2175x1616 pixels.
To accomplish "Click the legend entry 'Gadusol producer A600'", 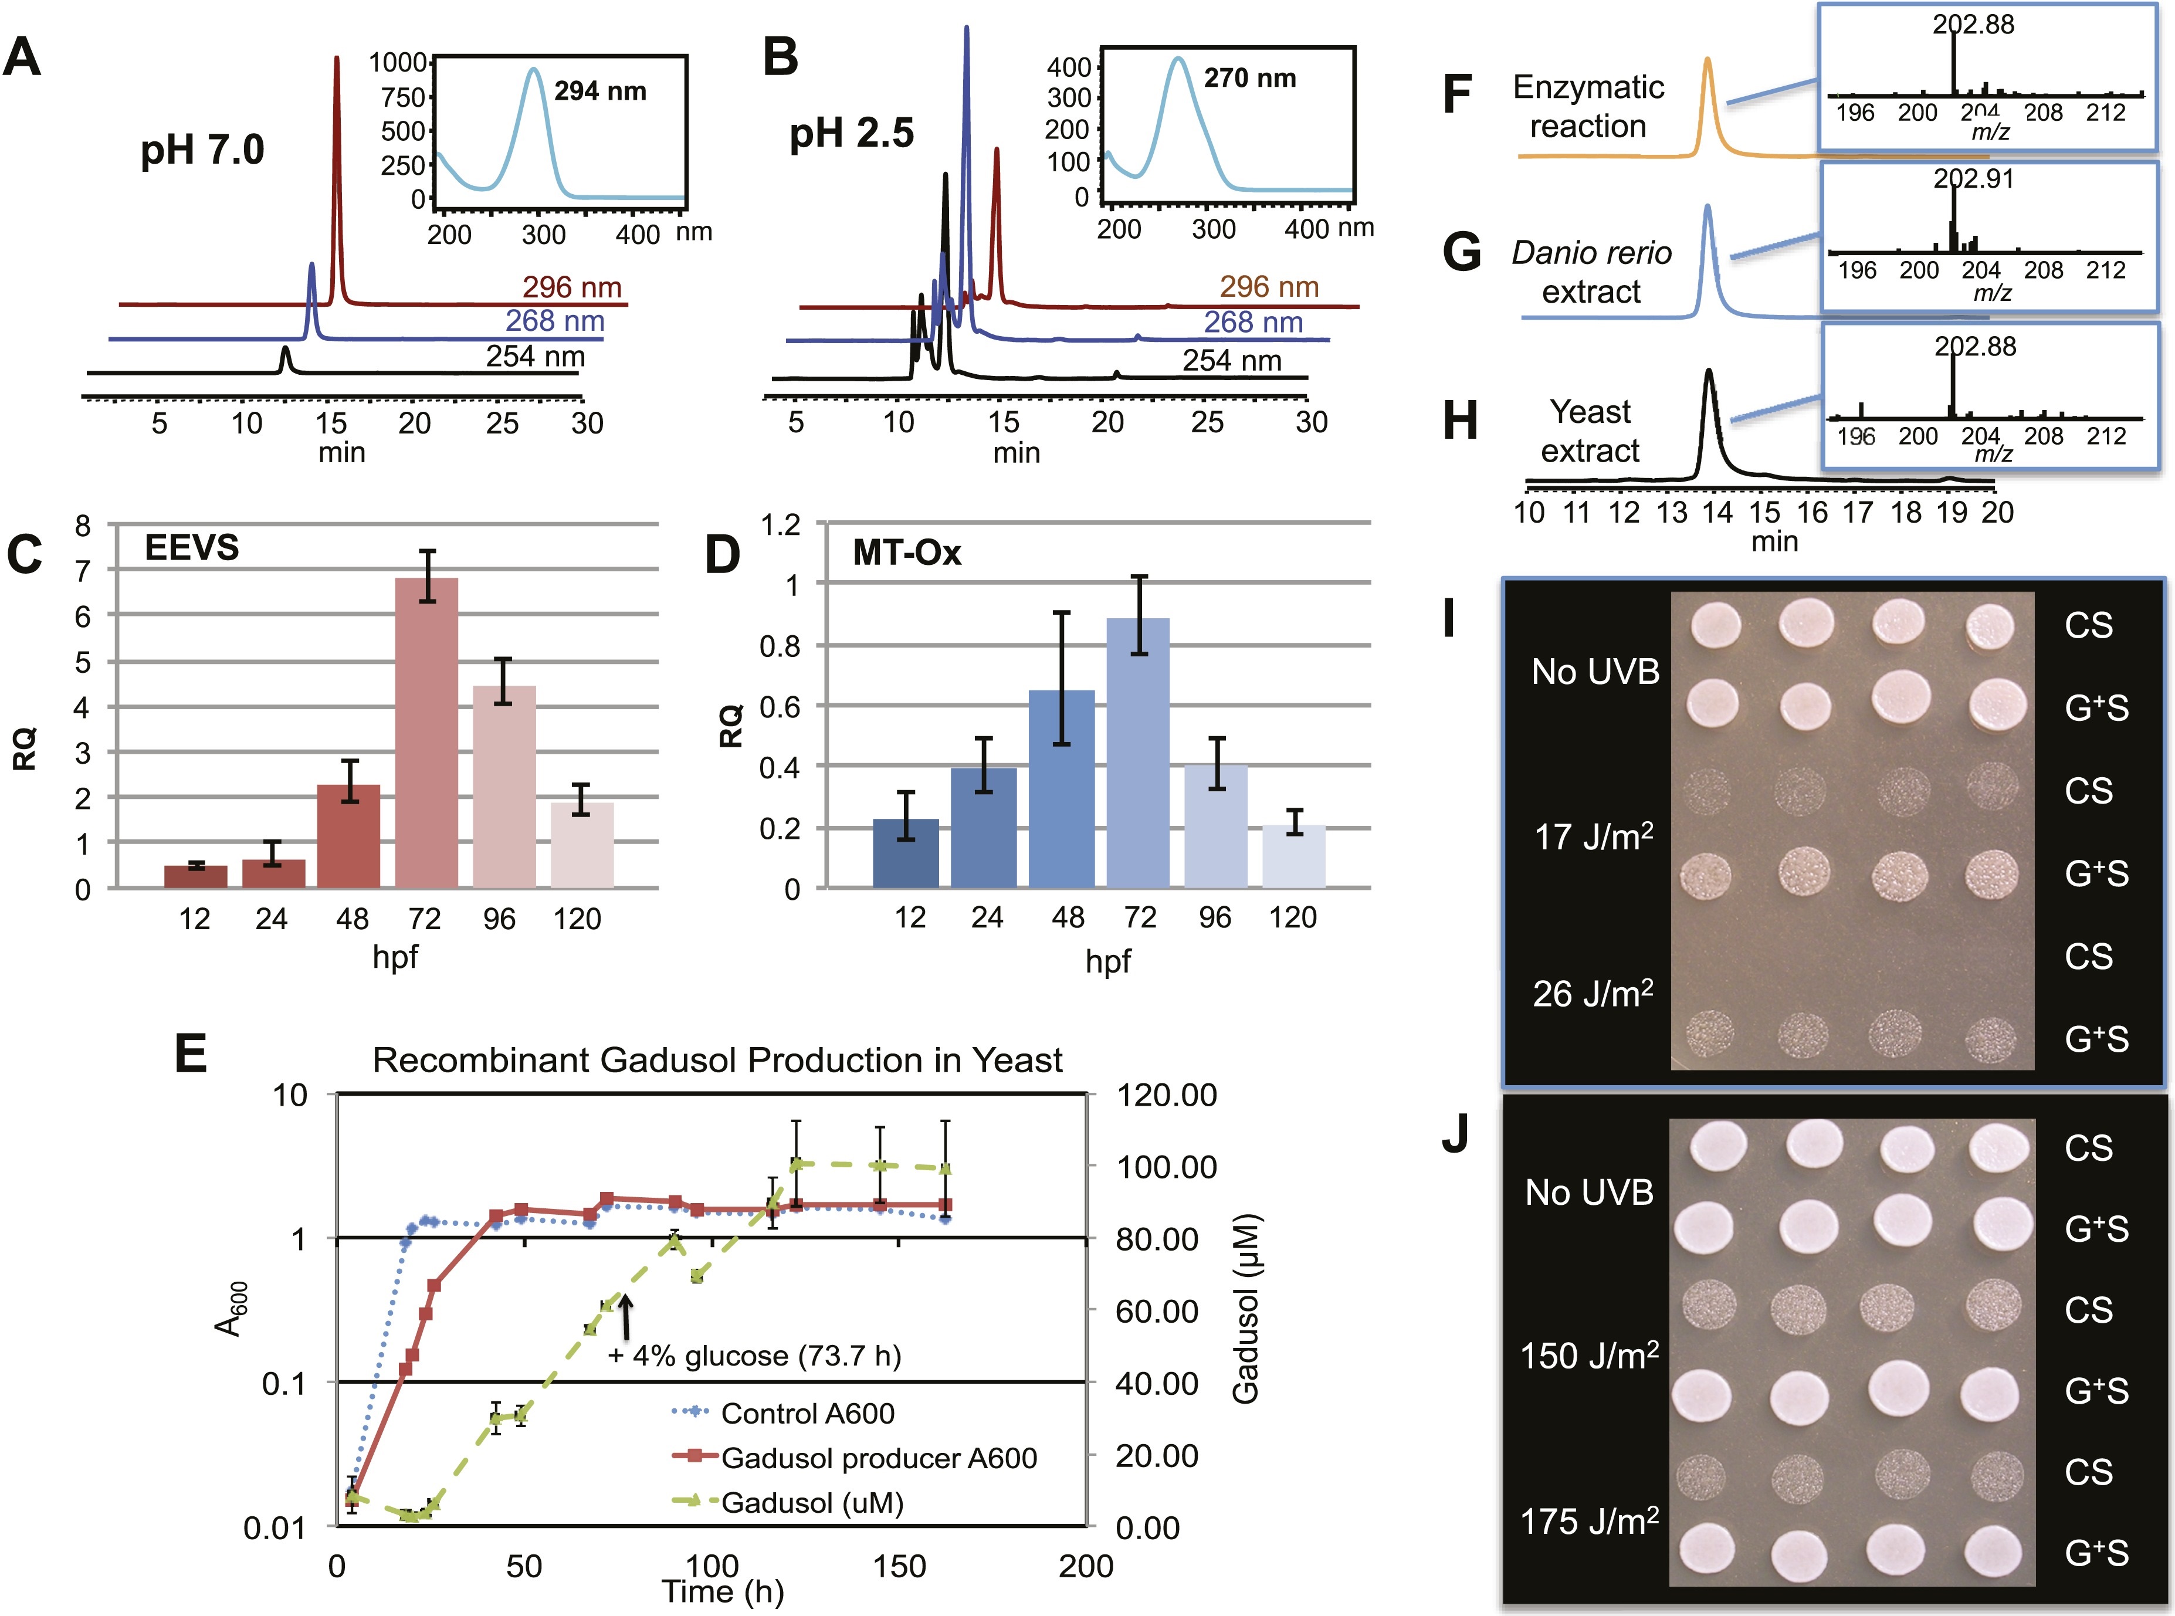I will pyautogui.click(x=878, y=1459).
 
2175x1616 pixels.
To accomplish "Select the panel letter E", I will pyautogui.click(x=191, y=1055).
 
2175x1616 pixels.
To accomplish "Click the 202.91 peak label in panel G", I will pyautogui.click(x=1974, y=179).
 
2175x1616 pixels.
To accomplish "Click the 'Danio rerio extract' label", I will pyautogui.click(x=1591, y=272).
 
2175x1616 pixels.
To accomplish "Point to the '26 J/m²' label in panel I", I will pyautogui.click(x=1592, y=994).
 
